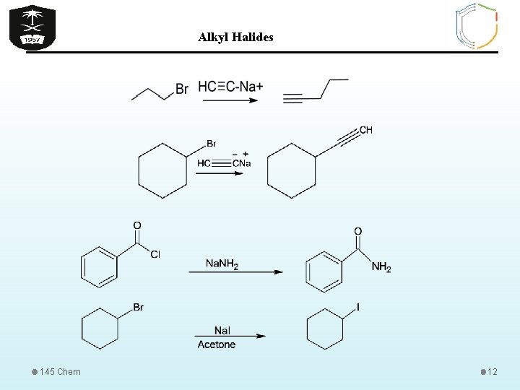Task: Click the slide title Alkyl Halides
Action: tap(235, 37)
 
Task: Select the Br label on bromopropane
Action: tap(182, 89)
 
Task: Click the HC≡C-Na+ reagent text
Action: tap(230, 87)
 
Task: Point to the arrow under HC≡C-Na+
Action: tap(230, 100)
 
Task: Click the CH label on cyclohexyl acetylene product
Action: tap(365, 130)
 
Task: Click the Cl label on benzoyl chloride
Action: tap(155, 254)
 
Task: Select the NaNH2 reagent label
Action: tap(222, 264)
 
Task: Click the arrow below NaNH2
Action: tap(235, 272)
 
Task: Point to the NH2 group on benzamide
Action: tap(381, 268)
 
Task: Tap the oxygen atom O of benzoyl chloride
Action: tap(137, 225)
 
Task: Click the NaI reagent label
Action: tap(222, 330)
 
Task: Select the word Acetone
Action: tap(217, 344)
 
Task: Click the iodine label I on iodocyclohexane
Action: tap(358, 308)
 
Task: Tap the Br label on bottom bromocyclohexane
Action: tap(138, 308)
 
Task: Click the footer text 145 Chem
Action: tap(61, 372)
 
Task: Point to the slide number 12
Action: tap(493, 372)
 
